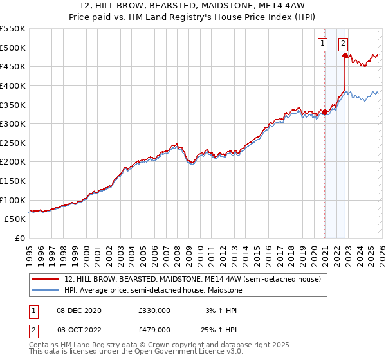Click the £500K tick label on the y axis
(x=13, y=48)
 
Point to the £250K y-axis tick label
(x=13, y=143)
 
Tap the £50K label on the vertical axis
(x=15, y=219)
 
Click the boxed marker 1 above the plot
(x=322, y=44)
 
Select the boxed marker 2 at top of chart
(x=343, y=44)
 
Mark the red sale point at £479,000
(x=345, y=56)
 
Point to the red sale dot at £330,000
(x=324, y=113)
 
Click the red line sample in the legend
(x=45, y=279)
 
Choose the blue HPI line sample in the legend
(x=45, y=290)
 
